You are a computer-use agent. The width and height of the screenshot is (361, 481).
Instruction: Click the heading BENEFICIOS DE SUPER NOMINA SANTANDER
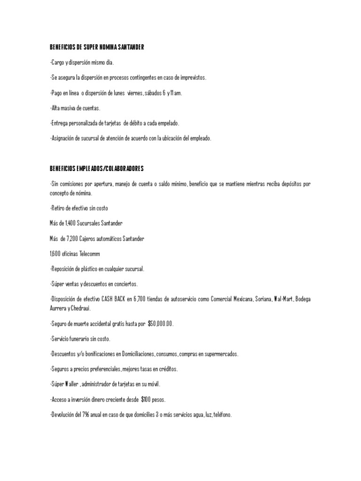point(97,47)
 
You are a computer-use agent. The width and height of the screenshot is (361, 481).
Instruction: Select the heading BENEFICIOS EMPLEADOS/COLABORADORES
point(97,168)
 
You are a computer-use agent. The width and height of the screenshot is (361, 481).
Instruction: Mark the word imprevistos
point(191,78)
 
